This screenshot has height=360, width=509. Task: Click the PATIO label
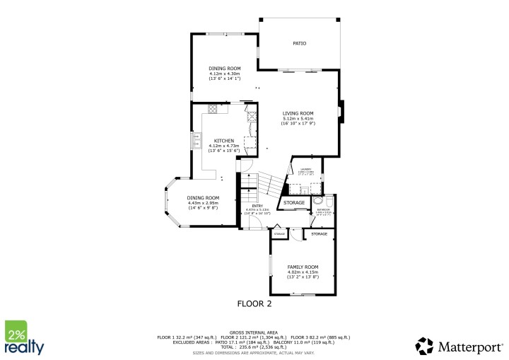[299, 43]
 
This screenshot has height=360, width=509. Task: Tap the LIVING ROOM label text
[298, 113]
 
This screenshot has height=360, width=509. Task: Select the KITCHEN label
[224, 141]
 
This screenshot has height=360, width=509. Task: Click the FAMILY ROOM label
[303, 266]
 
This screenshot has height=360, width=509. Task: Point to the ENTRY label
[248, 206]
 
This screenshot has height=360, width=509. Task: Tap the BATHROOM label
[324, 209]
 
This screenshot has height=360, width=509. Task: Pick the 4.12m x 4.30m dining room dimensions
[224, 74]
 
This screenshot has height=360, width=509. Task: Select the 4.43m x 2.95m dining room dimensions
[203, 203]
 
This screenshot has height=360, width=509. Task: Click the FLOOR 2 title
[254, 304]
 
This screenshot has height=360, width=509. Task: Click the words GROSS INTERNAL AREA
[254, 332]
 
